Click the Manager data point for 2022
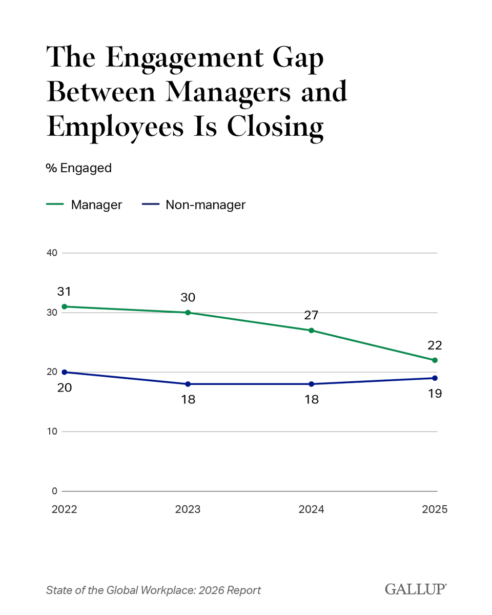tap(64, 306)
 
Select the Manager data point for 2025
tap(435, 360)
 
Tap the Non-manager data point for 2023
tap(188, 384)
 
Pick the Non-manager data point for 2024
tap(311, 384)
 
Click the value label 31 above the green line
tap(64, 292)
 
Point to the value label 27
tap(311, 315)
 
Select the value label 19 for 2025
tap(435, 394)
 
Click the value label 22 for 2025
tap(435, 345)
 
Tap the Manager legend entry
tap(85, 205)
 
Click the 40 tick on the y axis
tap(52, 253)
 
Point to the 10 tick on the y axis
tap(52, 432)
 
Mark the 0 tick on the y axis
tap(54, 491)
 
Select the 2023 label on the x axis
tap(188, 509)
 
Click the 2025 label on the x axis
tap(435, 509)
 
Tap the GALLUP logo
tap(416, 589)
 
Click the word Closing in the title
tap(275, 127)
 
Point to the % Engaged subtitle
tap(79, 168)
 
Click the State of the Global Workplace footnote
tap(153, 590)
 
